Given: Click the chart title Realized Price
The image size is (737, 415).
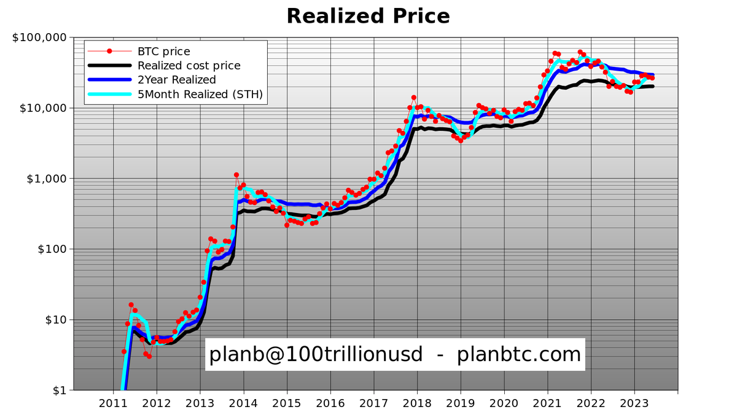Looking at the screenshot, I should [x=368, y=15].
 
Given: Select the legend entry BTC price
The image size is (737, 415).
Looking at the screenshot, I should [x=164, y=52].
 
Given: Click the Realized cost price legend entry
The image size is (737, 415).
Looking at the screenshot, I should [x=189, y=66].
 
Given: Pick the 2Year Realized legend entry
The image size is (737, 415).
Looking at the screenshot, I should [x=177, y=80].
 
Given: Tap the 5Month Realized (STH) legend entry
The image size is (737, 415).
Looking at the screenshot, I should [x=200, y=94].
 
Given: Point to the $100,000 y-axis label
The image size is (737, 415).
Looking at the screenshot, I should [x=39, y=37].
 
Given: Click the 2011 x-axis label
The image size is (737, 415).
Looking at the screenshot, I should [x=113, y=405].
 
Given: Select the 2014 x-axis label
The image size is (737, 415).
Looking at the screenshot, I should [x=244, y=405].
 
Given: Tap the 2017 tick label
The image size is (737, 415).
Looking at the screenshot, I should [x=374, y=405].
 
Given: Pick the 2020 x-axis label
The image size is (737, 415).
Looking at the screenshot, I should [x=504, y=405].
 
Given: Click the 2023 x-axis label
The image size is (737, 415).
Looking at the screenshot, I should [x=634, y=405].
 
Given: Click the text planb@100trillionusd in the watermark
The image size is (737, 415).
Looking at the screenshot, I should [x=316, y=354].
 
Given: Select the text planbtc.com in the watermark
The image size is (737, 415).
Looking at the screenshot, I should [x=518, y=354].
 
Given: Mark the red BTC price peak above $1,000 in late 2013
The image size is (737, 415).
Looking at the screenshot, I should [x=236, y=175].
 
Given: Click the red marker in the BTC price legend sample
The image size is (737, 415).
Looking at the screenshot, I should [x=109, y=52].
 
